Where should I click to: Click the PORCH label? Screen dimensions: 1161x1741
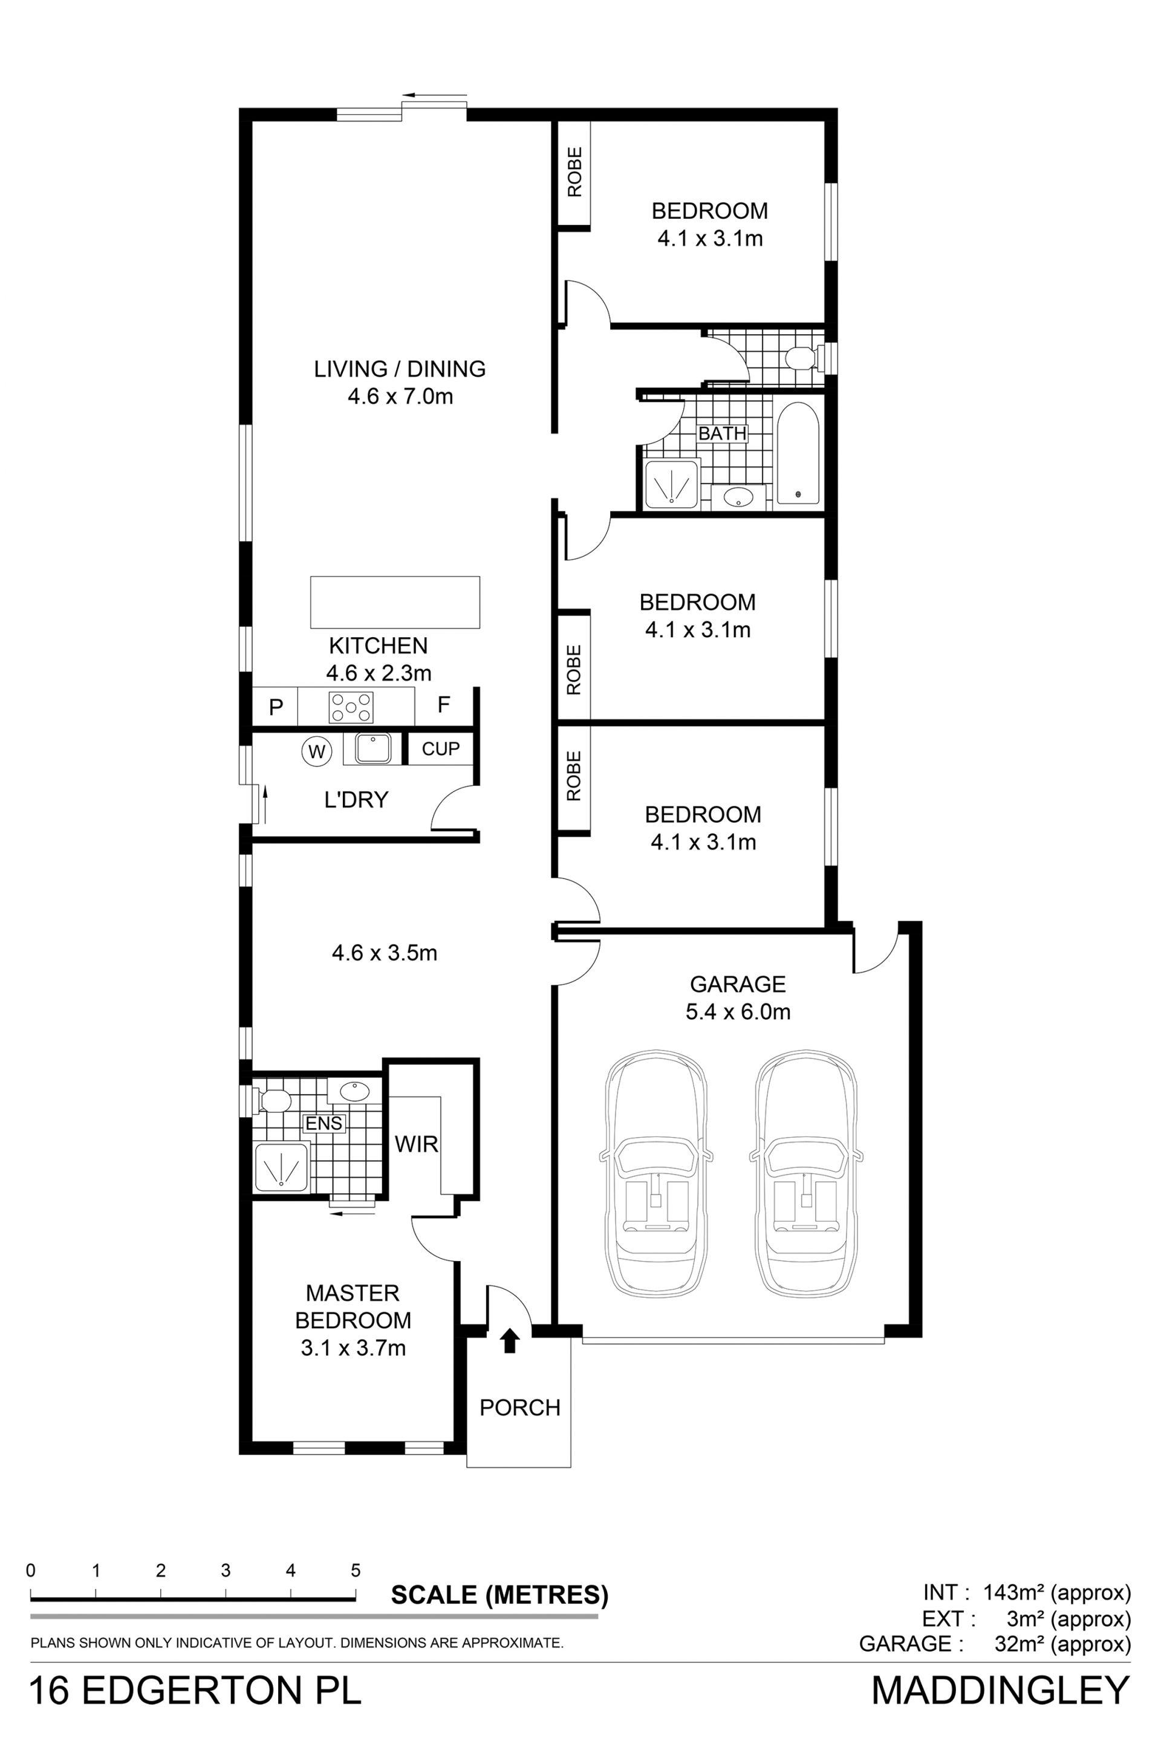click(520, 1407)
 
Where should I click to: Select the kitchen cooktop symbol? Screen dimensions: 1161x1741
click(351, 706)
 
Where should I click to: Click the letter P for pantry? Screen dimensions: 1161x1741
click(276, 707)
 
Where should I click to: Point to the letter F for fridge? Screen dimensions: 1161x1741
click(443, 704)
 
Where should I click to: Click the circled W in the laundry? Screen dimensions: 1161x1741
click(316, 752)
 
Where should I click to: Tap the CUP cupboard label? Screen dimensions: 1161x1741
click(441, 749)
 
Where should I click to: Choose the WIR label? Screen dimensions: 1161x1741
click(416, 1144)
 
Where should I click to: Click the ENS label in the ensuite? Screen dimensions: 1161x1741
click(324, 1123)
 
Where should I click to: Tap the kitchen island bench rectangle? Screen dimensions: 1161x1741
click(395, 602)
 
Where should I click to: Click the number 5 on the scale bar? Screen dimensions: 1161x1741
click(356, 1570)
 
